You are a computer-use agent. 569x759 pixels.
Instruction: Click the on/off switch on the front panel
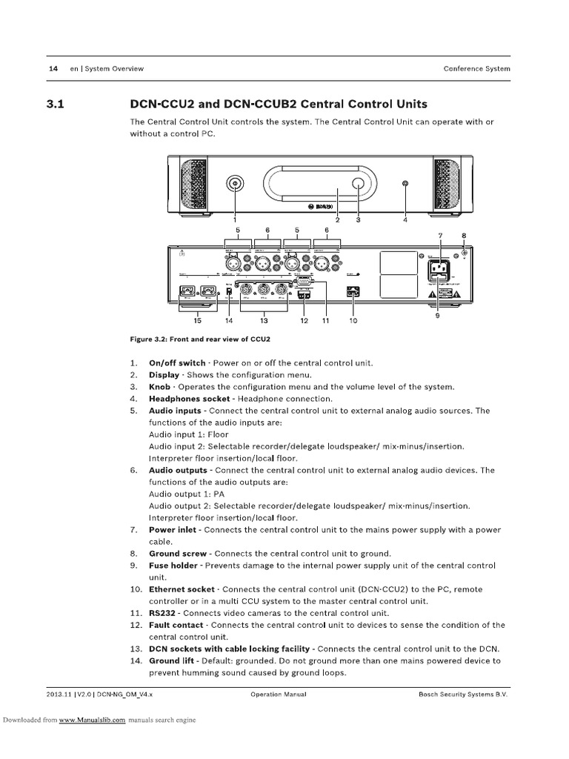coord(235,183)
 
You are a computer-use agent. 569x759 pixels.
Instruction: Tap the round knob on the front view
coord(358,183)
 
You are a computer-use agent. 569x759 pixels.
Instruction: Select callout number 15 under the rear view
coord(197,321)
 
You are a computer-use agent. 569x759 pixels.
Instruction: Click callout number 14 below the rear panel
coord(229,321)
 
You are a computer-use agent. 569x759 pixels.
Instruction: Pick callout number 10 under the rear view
coord(353,321)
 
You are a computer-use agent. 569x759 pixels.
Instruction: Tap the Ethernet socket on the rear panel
coord(353,292)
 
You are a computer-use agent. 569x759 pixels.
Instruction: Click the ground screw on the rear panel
coord(465,253)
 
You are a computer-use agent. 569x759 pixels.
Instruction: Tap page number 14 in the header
coord(53,69)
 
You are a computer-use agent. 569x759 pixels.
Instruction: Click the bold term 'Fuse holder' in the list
coord(173,565)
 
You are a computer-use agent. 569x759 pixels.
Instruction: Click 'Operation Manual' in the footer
coord(279,695)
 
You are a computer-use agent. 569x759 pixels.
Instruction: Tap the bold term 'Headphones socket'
coord(190,399)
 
